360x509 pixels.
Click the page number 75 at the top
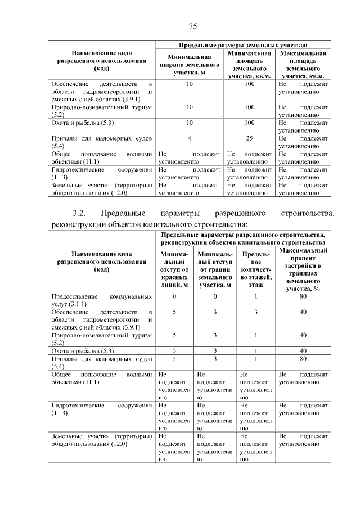(x=192, y=27)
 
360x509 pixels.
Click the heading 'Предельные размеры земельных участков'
(x=243, y=44)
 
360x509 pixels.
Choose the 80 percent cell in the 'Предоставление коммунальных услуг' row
(x=303, y=296)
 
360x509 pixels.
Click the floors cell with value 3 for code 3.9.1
(x=255, y=312)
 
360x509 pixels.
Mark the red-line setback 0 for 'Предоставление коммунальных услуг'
(x=174, y=296)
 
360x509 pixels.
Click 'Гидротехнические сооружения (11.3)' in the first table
(x=101, y=173)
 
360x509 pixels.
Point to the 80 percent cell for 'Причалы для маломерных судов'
(x=303, y=358)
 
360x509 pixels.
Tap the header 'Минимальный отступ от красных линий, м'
(x=174, y=269)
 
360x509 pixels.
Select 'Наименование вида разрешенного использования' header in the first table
(x=101, y=60)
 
